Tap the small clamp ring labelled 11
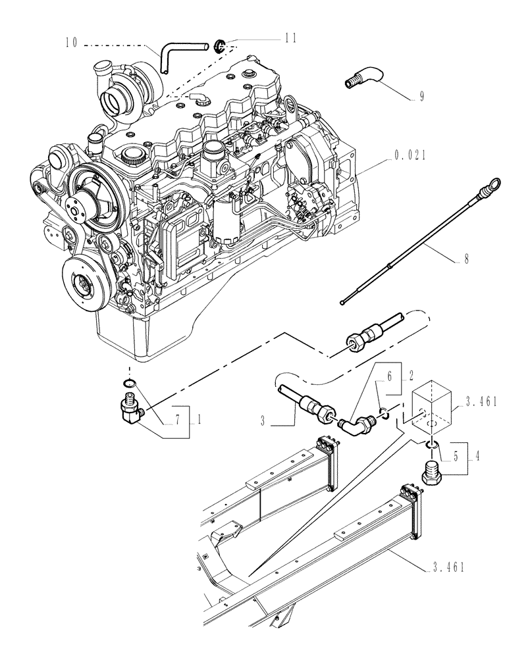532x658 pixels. (220, 46)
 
